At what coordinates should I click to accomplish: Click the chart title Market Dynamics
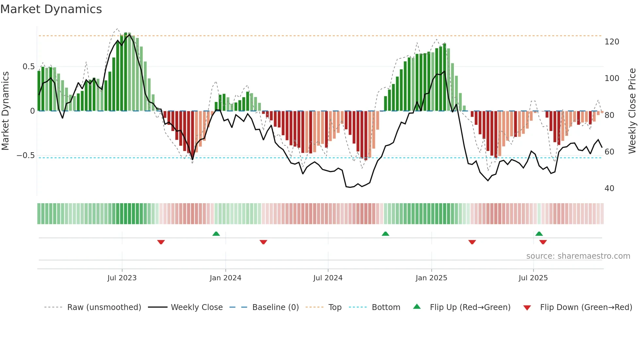tap(51, 9)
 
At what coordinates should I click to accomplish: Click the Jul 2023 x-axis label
tap(122, 278)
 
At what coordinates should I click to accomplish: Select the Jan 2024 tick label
tap(225, 278)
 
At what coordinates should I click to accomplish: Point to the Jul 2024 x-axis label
tap(328, 278)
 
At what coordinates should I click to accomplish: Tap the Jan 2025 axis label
tap(431, 278)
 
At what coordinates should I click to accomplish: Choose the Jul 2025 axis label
tap(533, 278)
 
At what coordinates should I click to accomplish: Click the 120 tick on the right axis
tap(612, 42)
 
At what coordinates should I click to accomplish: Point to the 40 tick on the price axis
tap(609, 188)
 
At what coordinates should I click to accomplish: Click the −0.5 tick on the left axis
tap(25, 155)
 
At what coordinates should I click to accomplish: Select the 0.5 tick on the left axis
tap(28, 67)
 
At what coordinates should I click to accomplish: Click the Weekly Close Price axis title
tap(632, 111)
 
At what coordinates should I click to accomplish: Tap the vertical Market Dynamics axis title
tap(5, 111)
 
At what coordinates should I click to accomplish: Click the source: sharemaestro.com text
tap(578, 256)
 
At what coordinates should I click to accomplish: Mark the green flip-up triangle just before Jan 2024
tap(216, 234)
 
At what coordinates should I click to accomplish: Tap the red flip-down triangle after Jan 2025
tap(472, 242)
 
